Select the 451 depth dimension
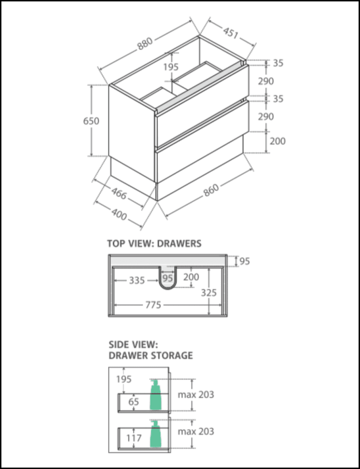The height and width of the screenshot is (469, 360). [230, 33]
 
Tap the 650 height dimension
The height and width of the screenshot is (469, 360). [91, 121]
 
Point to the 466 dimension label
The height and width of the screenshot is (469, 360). [119, 193]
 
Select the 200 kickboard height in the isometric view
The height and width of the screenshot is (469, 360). [277, 141]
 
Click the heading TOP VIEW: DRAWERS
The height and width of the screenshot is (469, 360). [154, 243]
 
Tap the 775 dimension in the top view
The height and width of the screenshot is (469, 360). [153, 305]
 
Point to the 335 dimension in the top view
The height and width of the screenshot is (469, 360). [137, 280]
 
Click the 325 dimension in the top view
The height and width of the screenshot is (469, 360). [209, 293]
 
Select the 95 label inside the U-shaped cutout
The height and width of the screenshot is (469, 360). [167, 278]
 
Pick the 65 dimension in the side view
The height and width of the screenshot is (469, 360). [134, 401]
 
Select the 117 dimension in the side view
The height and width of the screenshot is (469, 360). [133, 438]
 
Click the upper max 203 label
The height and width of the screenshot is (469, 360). [195, 394]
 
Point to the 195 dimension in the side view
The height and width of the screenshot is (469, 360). [124, 379]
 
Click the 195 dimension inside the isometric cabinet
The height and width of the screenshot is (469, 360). [171, 67]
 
